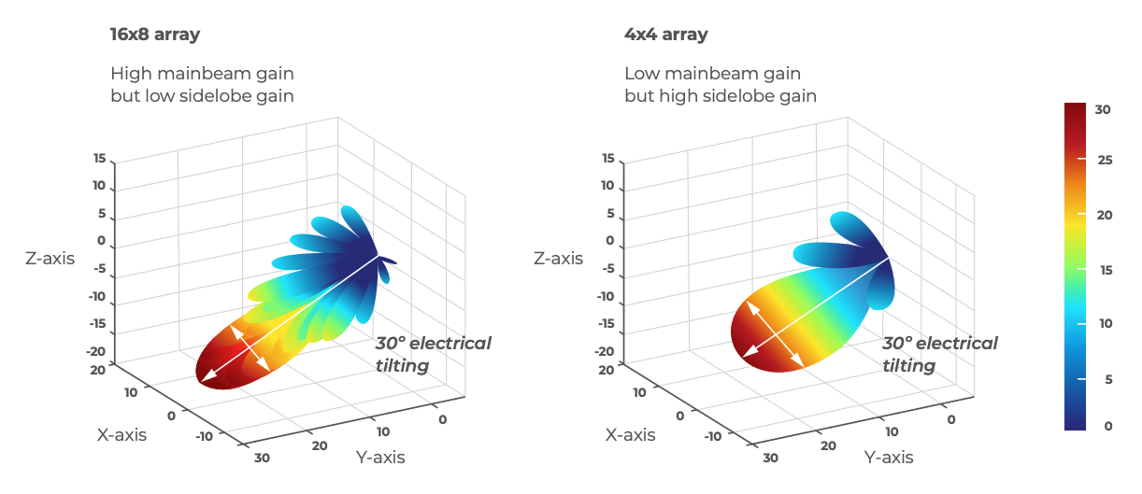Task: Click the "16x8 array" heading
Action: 155,35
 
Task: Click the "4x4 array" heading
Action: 665,35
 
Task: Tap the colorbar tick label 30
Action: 1103,109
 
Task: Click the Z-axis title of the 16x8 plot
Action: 50,258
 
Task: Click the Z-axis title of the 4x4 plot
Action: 558,258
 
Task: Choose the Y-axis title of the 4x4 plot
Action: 888,457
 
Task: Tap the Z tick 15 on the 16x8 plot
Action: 99,159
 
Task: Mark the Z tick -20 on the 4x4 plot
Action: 604,352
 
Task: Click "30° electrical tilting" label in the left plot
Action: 433,354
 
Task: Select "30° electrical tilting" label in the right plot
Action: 939,354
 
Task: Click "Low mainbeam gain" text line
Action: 712,73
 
